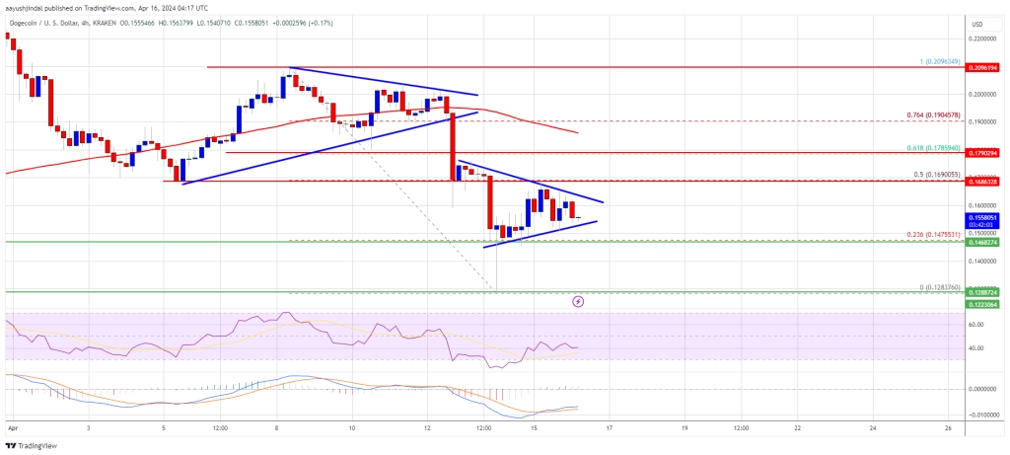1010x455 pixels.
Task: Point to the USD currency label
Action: click(x=977, y=24)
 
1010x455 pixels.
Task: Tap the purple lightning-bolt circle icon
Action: click(x=578, y=301)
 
